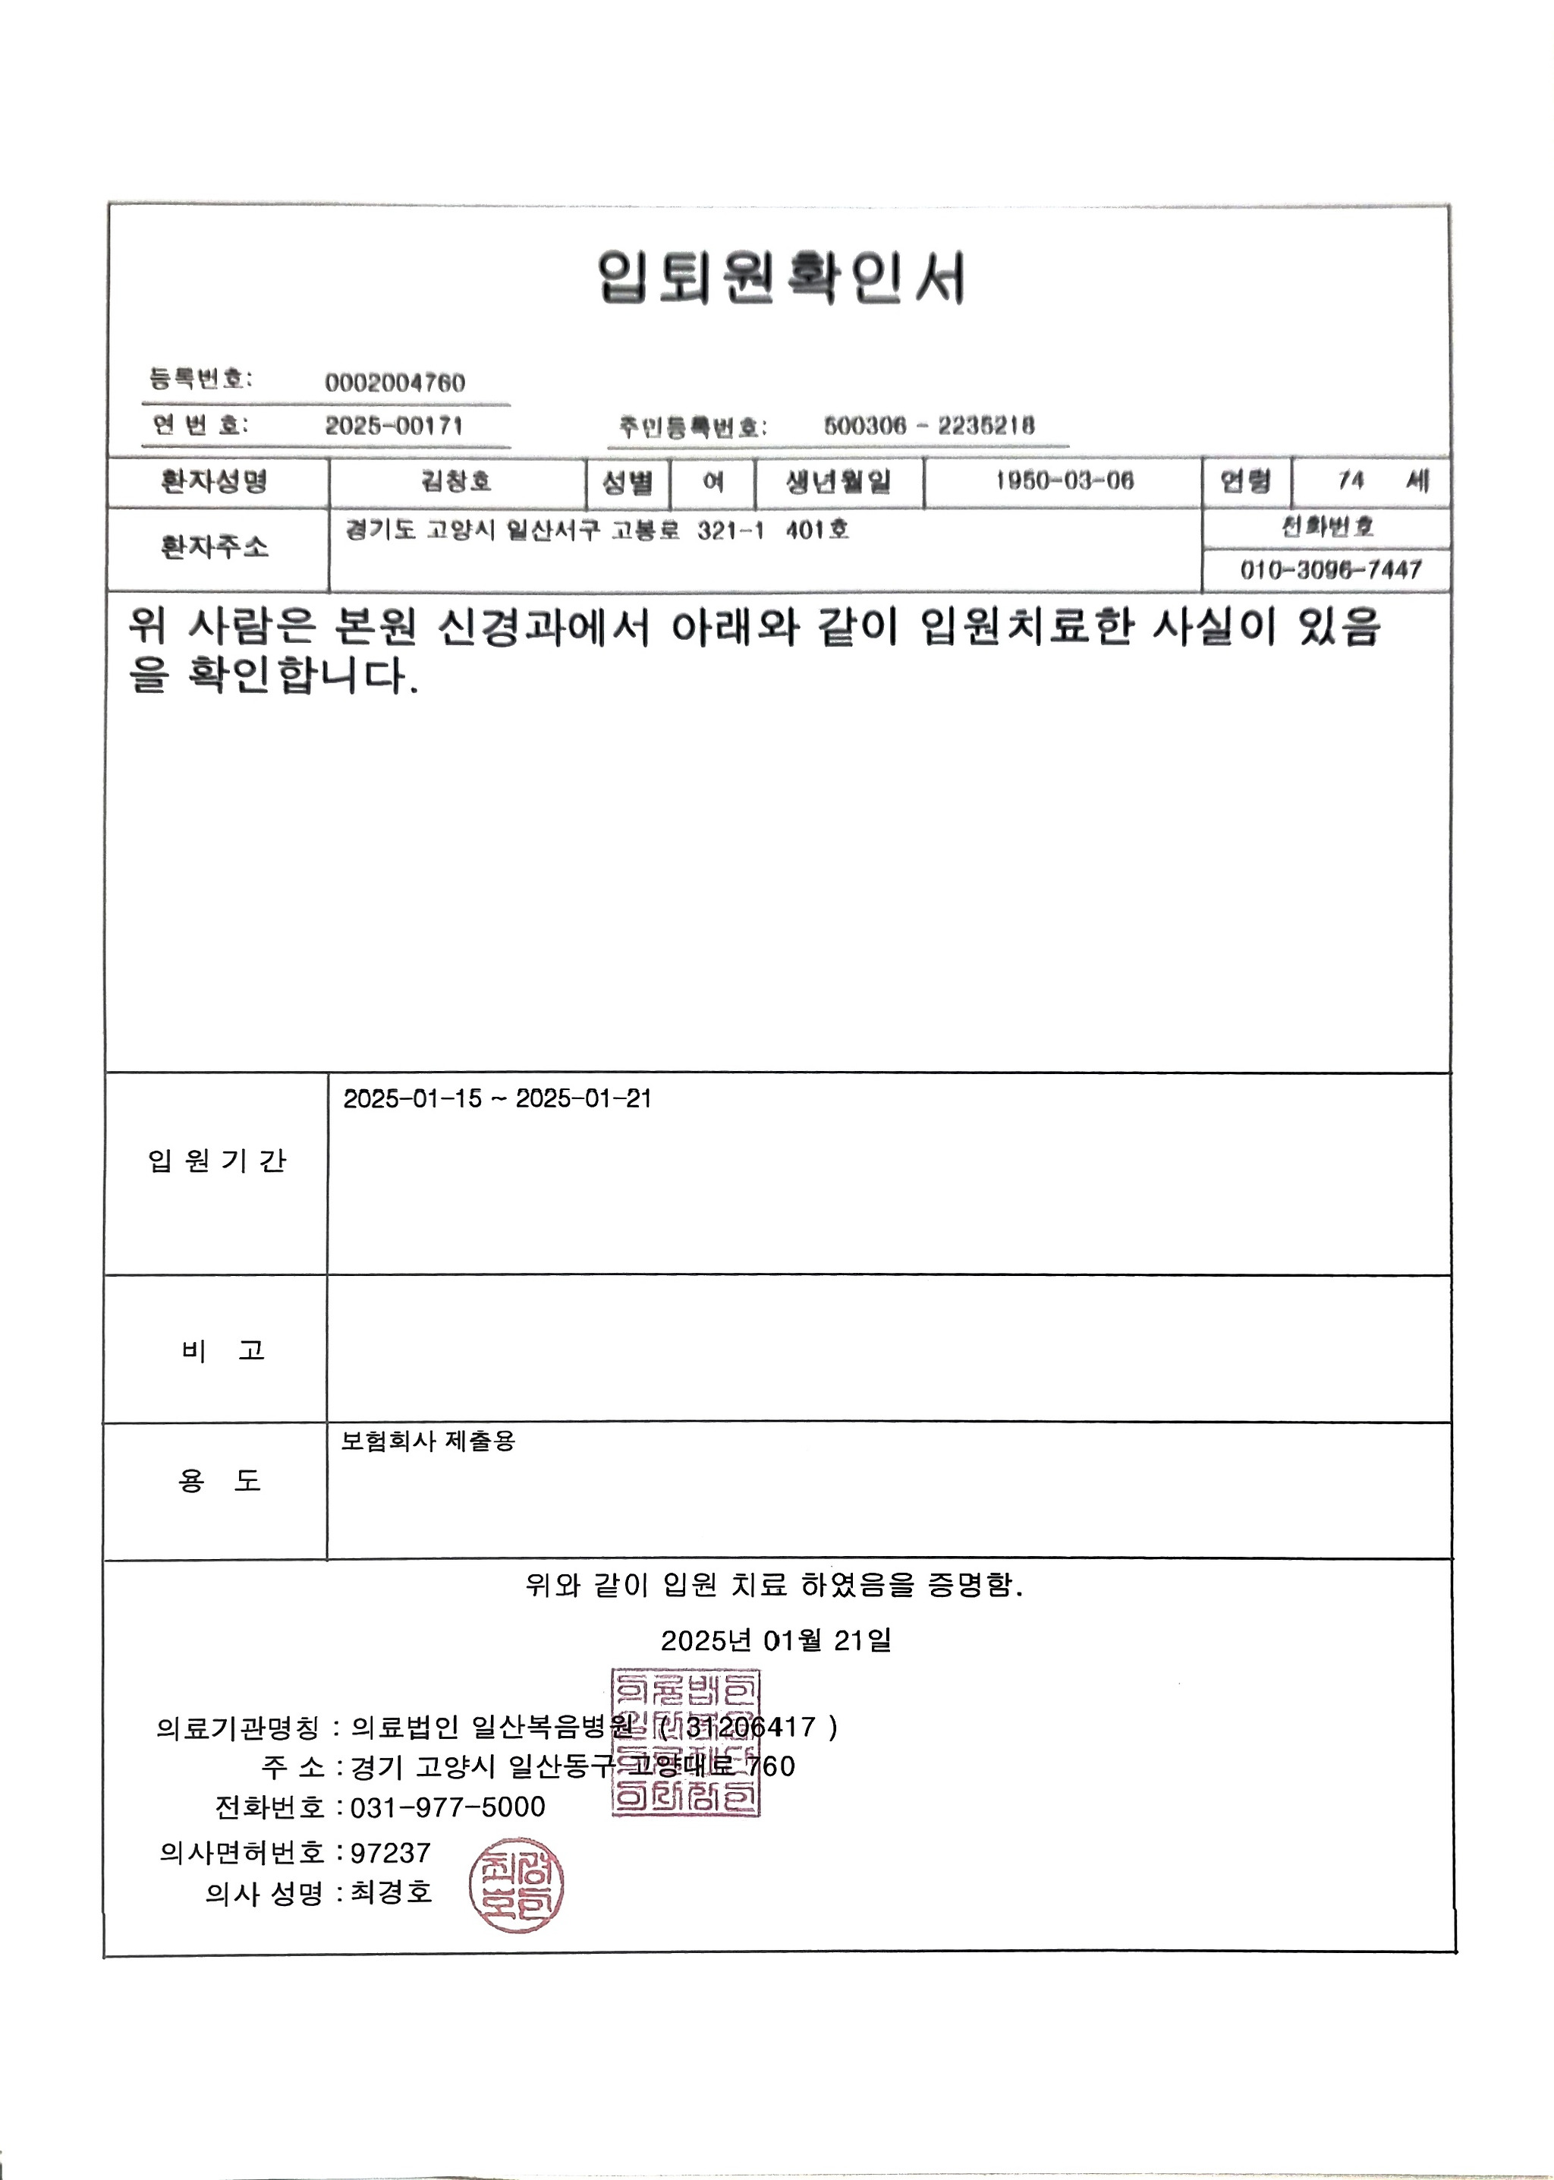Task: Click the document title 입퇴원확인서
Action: pyautogui.click(x=781, y=278)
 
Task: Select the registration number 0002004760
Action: pyautogui.click(x=395, y=383)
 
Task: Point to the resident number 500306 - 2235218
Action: pyautogui.click(x=928, y=426)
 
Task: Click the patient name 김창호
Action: pyautogui.click(x=457, y=481)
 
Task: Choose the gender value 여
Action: pyautogui.click(x=713, y=481)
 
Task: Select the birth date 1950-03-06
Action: pyautogui.click(x=1064, y=481)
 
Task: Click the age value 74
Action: pyautogui.click(x=1350, y=480)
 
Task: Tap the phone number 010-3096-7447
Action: pyautogui.click(x=1330, y=570)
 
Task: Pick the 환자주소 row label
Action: pyautogui.click(x=215, y=547)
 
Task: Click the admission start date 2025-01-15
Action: pyautogui.click(x=413, y=1098)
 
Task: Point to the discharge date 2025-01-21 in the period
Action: pyautogui.click(x=584, y=1098)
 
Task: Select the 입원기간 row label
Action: pyautogui.click(x=216, y=1161)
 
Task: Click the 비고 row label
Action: pyautogui.click(x=222, y=1350)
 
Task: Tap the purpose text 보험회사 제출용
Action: pyautogui.click(x=428, y=1441)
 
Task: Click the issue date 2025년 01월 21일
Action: pyautogui.click(x=776, y=1640)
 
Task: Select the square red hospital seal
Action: pyautogui.click(x=685, y=1743)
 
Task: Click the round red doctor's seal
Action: pyautogui.click(x=516, y=1885)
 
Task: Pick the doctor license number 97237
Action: pyautogui.click(x=391, y=1853)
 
